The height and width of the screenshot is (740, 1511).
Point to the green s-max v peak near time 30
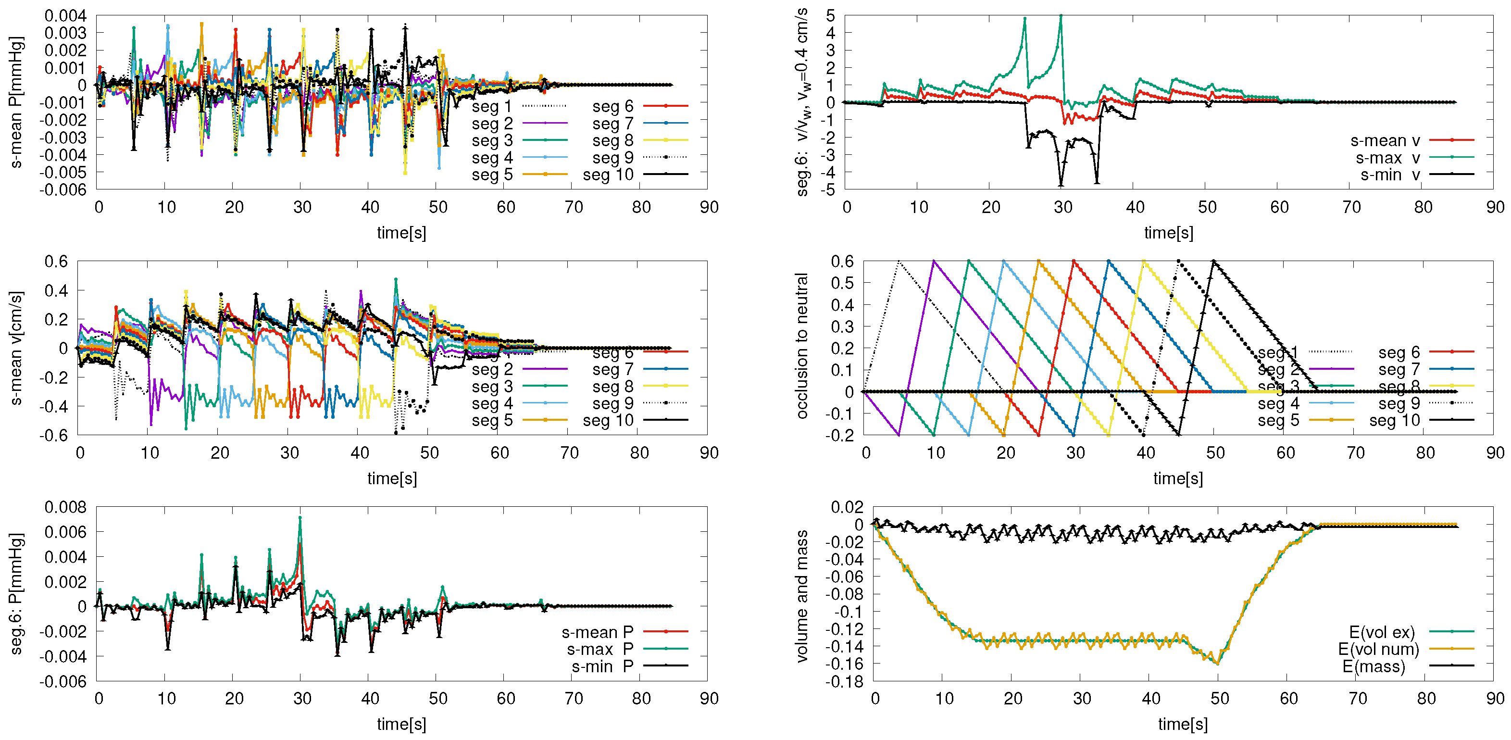click(1061, 16)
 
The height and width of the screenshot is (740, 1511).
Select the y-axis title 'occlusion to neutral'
click(802, 346)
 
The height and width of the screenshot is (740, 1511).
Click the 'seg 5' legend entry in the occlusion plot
click(1278, 420)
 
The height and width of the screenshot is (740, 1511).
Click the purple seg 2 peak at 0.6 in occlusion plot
click(933, 261)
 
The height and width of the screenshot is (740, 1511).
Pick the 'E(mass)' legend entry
click(1374, 666)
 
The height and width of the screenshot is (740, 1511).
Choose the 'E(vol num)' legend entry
click(1378, 649)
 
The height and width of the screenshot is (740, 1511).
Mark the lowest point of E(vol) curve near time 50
click(1218, 664)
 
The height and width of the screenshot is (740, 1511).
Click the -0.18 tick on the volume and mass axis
click(845, 682)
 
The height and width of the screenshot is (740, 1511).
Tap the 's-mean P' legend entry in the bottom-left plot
click(597, 632)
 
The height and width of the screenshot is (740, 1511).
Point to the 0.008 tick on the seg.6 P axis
click(65, 507)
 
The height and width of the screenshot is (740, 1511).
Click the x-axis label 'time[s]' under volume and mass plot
click(1183, 724)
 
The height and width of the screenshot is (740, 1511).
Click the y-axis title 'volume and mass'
click(802, 596)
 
